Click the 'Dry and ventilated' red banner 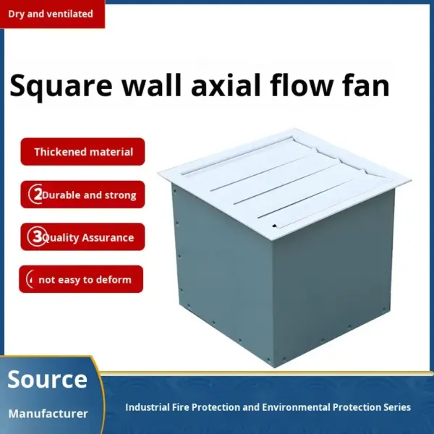(x=52, y=14)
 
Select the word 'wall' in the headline (x=152, y=85)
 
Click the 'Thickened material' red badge (x=82, y=152)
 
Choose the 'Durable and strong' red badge (x=82, y=195)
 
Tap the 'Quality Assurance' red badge (x=82, y=237)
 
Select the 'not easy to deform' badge (x=81, y=279)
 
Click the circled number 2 (x=35, y=195)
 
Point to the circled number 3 (x=37, y=237)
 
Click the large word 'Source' (x=47, y=379)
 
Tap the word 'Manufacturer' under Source (x=48, y=414)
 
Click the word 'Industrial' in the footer (x=148, y=407)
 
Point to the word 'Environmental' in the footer (x=296, y=407)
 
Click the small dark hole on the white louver (x=274, y=226)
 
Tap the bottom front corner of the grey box (x=275, y=368)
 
